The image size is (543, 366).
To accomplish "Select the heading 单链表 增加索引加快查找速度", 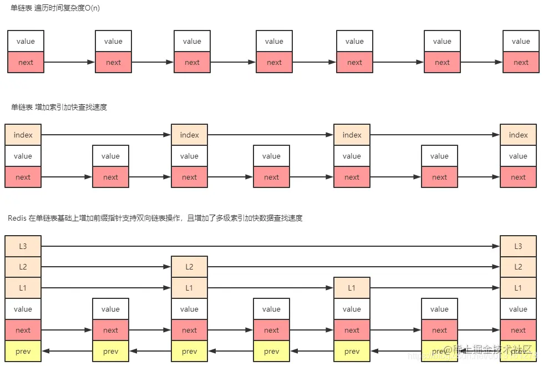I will tap(59, 107).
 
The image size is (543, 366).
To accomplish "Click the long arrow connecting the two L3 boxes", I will tap(271, 246).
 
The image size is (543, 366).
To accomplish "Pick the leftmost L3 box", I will tap(23, 246).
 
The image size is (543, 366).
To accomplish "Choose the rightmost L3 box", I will tap(518, 246).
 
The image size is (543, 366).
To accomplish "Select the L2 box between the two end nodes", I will tap(189, 267).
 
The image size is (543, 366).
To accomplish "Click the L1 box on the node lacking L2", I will tap(352, 288).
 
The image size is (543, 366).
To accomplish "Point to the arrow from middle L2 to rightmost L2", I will tap(354, 267).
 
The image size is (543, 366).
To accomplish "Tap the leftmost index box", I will tap(23, 135).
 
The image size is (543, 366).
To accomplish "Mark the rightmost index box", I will tap(518, 135).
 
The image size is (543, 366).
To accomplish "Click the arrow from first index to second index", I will tap(106, 135).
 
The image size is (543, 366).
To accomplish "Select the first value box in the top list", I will tap(26, 41).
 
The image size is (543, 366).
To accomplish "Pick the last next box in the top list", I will tap(521, 62).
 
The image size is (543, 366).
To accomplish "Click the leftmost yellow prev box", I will tap(23, 351).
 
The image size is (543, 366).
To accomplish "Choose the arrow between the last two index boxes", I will tap(435, 135).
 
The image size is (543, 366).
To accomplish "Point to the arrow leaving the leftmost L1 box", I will tap(106, 288).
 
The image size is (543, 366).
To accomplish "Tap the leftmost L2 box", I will tap(23, 267).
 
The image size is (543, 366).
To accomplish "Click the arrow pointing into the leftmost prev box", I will tap(67, 351).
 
